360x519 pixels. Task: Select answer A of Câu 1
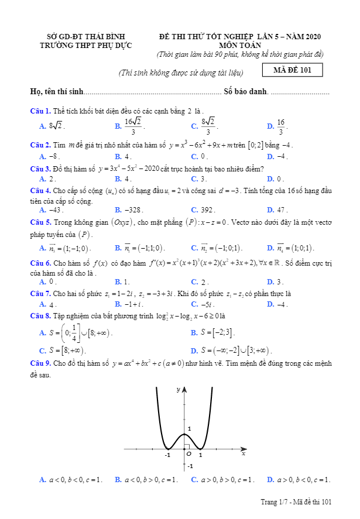(52, 126)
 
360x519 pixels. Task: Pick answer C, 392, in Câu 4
(203, 209)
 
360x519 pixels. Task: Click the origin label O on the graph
(188, 453)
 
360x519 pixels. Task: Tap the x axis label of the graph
(243, 453)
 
